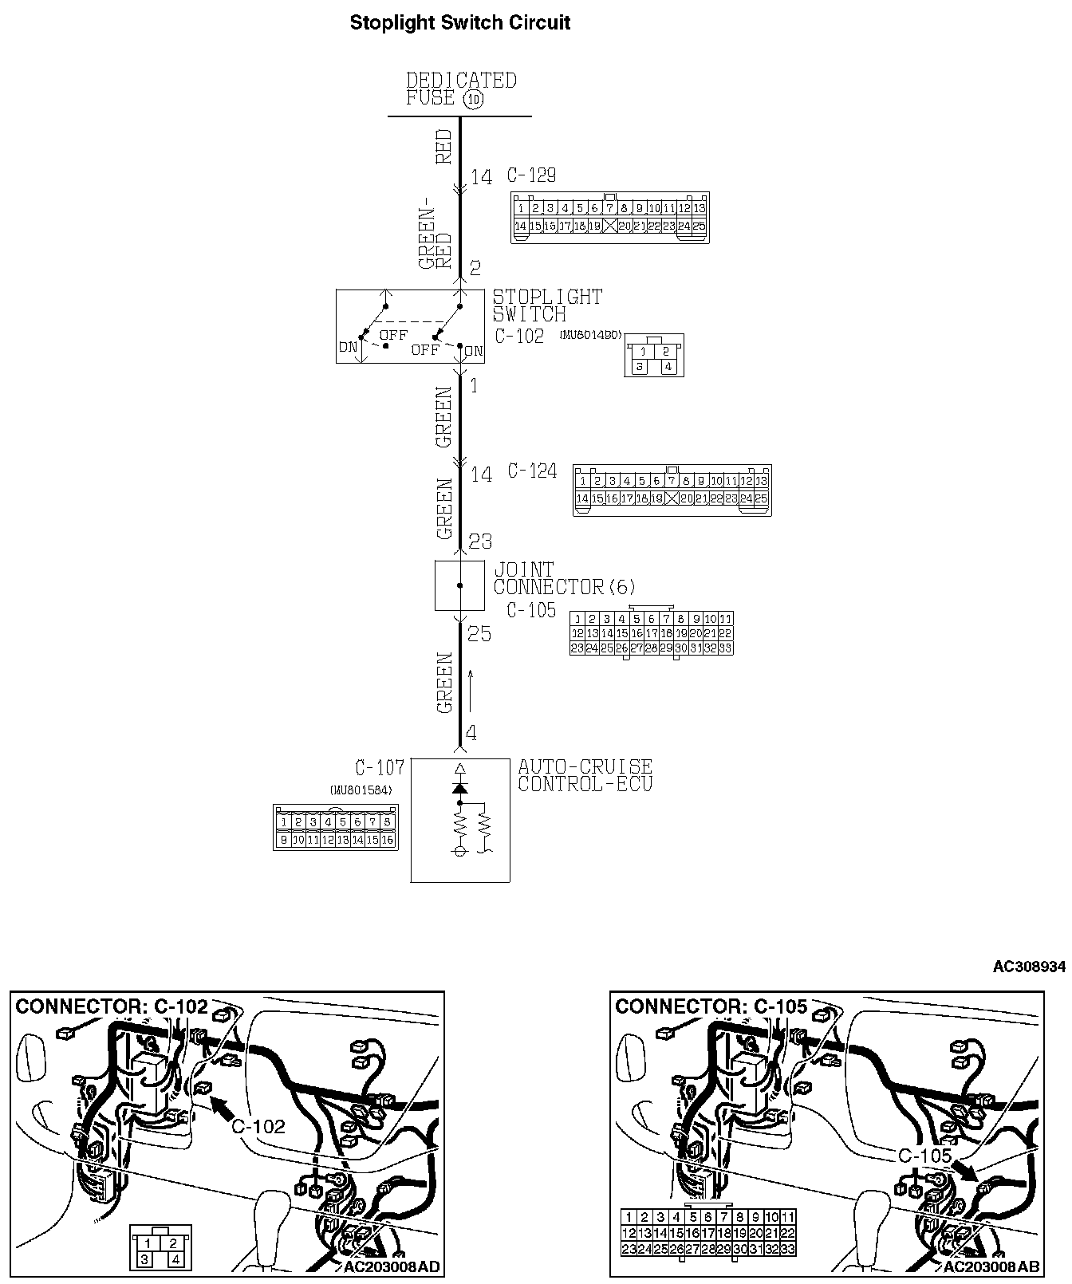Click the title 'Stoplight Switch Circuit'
click(x=460, y=22)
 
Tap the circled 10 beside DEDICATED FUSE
click(x=473, y=100)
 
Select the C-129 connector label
click(x=531, y=175)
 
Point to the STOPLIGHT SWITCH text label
click(x=547, y=305)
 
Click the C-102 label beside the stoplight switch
click(x=519, y=336)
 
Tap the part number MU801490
click(x=590, y=336)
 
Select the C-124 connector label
click(x=532, y=471)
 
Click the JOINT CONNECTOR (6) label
click(x=564, y=579)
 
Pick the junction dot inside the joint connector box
click(x=459, y=585)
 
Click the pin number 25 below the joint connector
click(x=479, y=635)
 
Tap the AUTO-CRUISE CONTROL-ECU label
click(x=585, y=775)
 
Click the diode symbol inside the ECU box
click(x=459, y=787)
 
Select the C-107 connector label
click(x=380, y=768)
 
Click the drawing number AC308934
click(x=1028, y=967)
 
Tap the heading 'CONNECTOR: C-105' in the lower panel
click(x=711, y=1006)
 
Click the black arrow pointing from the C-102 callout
click(x=226, y=1107)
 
